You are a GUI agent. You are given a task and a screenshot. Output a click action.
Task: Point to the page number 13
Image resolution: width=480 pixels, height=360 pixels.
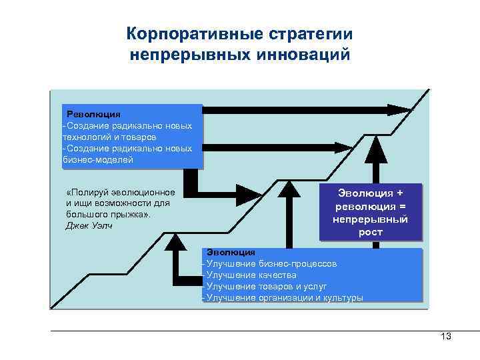click(x=446, y=337)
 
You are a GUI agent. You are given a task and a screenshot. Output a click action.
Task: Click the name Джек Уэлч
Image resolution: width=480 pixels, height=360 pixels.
click(x=89, y=225)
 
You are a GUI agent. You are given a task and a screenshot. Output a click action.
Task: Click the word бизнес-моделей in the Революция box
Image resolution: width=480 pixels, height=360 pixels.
click(x=98, y=159)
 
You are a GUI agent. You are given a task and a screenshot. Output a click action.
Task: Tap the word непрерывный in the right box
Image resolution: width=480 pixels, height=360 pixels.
click(x=371, y=219)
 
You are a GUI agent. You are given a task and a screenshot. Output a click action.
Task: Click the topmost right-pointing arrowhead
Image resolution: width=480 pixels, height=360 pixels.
click(x=400, y=109)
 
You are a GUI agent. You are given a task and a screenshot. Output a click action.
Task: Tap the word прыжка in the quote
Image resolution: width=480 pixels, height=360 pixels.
click(x=133, y=214)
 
